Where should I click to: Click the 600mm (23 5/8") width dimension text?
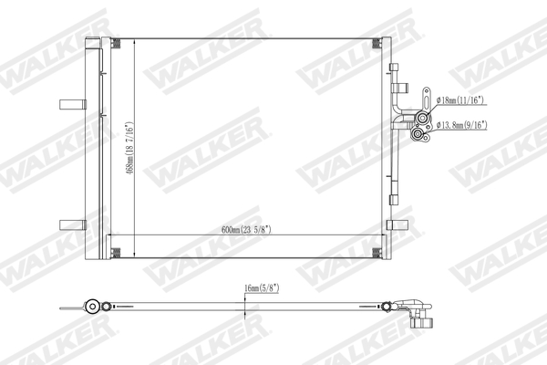(x=246, y=229)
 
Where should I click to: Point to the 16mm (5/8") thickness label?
(x=262, y=288)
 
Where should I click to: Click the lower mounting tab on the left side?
(x=69, y=224)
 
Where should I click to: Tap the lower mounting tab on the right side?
(x=397, y=224)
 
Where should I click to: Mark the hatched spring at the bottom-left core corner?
(x=114, y=251)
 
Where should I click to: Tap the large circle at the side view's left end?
(x=92, y=307)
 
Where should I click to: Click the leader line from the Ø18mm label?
(x=430, y=103)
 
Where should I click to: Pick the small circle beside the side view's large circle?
(x=108, y=307)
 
